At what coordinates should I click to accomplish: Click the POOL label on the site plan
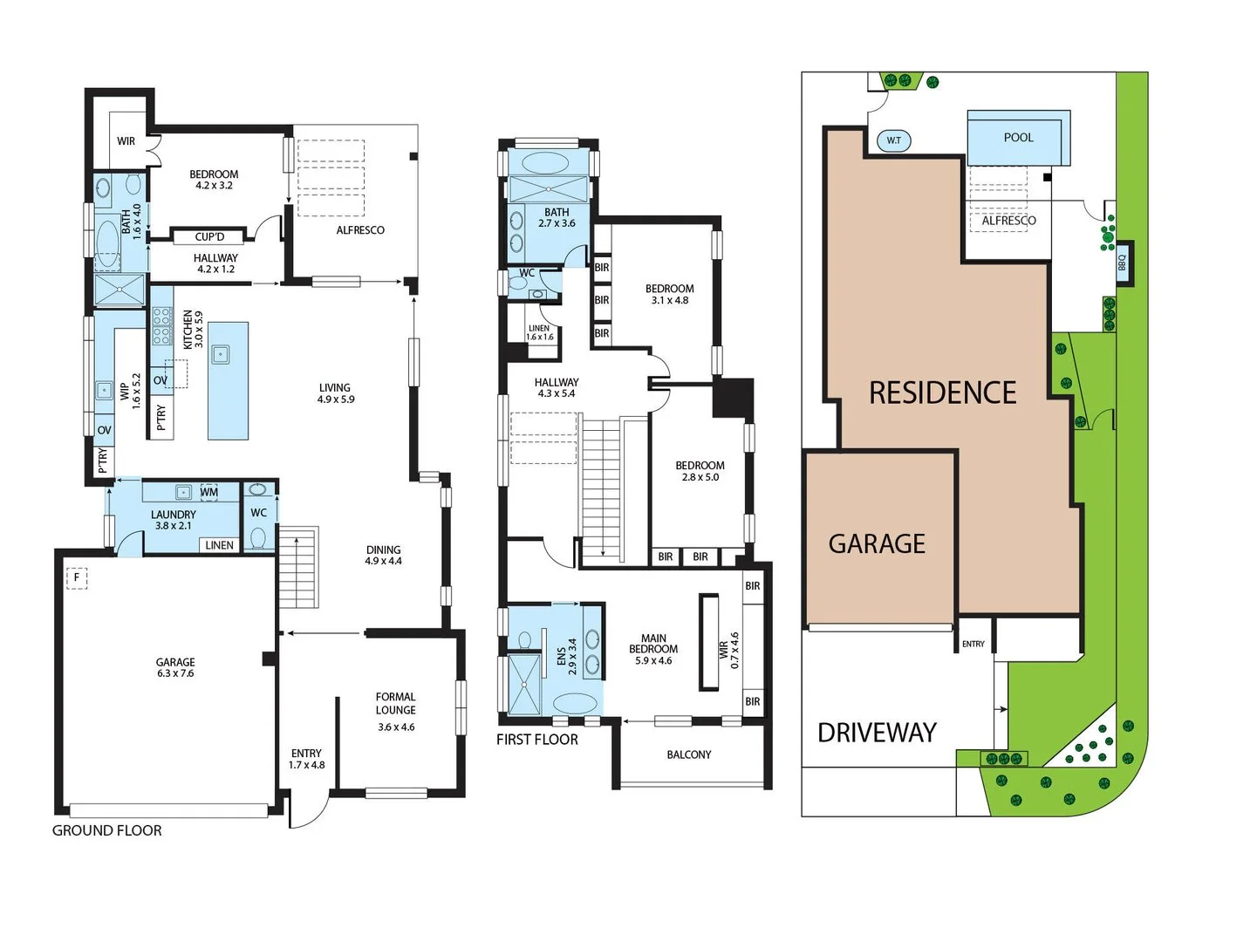[x=1018, y=138]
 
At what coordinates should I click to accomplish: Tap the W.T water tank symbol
[x=894, y=140]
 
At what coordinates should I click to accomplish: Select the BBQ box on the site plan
[x=1124, y=263]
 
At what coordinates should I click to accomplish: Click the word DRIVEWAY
[x=877, y=733]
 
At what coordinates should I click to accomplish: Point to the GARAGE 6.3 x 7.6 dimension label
[x=175, y=668]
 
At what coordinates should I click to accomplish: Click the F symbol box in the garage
[x=77, y=577]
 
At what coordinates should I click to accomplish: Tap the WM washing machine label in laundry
[x=209, y=493]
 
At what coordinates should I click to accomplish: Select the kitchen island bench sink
[x=221, y=354]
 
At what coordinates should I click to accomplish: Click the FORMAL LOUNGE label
[x=396, y=703]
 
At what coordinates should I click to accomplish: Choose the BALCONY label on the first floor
[x=689, y=755]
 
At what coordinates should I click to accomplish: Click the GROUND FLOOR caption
[x=107, y=831]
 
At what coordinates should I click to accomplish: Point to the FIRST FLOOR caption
[x=537, y=740]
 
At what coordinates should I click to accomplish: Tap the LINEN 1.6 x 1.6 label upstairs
[x=539, y=332]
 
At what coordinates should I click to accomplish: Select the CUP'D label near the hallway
[x=209, y=236]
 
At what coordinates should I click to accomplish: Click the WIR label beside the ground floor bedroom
[x=126, y=141]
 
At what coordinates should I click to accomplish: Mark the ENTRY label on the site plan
[x=973, y=645]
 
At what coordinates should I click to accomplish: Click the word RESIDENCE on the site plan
[x=942, y=393]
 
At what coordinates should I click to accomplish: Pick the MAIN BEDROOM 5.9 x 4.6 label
[x=653, y=650]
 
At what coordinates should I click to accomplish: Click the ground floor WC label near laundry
[x=259, y=513]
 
